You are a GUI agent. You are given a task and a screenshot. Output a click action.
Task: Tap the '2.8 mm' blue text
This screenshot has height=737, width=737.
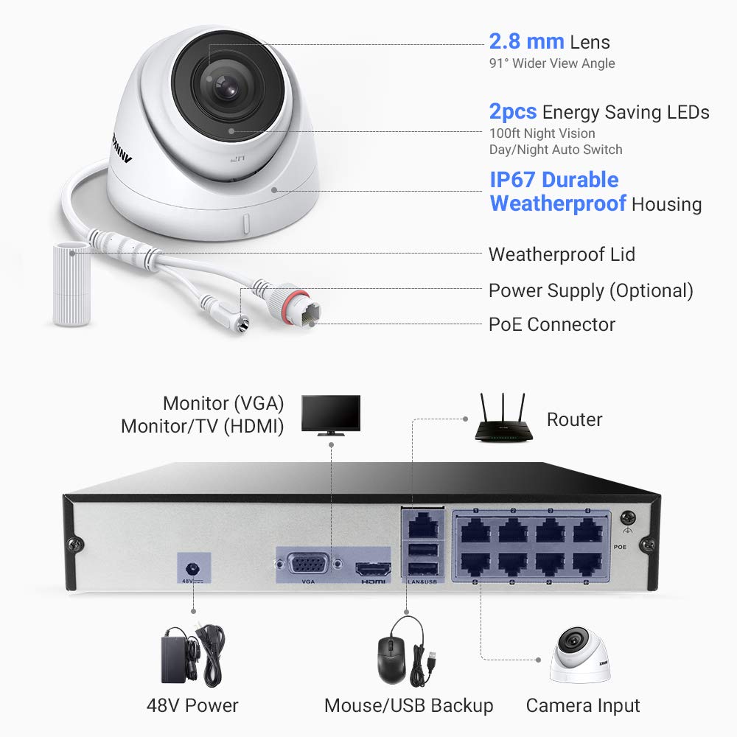[526, 41]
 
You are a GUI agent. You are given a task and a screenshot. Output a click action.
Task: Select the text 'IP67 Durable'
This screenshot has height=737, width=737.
[553, 180]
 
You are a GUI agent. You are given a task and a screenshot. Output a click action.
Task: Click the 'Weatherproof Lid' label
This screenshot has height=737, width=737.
[562, 255]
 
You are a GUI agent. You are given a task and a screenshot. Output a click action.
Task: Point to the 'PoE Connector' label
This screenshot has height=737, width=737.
[551, 324]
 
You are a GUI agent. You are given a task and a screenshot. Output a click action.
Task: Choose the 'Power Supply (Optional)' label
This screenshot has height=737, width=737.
[590, 290]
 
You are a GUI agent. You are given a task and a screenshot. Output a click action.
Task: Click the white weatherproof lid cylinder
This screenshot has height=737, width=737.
[70, 284]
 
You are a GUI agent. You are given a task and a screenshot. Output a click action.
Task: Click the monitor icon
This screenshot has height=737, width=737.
[332, 415]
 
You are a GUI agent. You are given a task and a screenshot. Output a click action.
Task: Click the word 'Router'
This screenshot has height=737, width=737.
[574, 420]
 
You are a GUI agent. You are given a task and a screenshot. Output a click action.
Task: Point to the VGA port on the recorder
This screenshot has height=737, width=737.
[308, 567]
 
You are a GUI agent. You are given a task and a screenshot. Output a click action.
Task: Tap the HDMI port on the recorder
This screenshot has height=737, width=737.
[374, 570]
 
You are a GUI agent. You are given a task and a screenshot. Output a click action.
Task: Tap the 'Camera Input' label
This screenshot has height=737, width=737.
[582, 705]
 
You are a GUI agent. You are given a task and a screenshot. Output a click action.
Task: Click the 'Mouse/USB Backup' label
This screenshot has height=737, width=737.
[408, 705]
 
